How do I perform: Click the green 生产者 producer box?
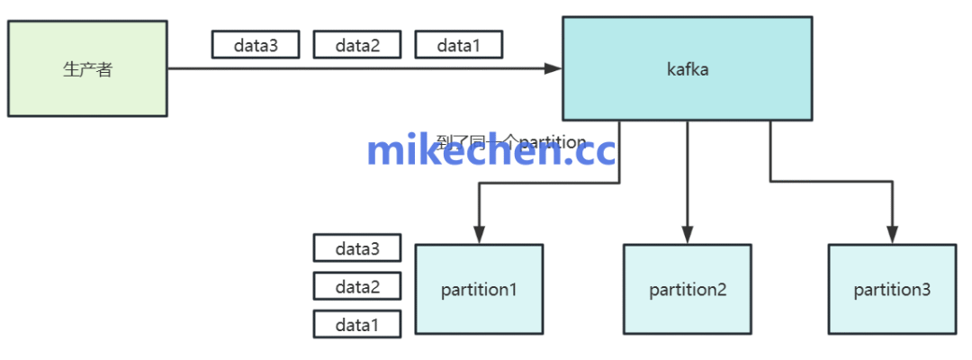(87, 68)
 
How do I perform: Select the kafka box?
(688, 68)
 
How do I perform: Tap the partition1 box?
(479, 289)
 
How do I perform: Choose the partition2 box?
(688, 289)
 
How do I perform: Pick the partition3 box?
(892, 289)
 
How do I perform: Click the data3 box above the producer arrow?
(256, 44)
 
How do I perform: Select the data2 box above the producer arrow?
(357, 44)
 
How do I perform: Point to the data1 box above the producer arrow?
(458, 44)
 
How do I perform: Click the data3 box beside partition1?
(357, 248)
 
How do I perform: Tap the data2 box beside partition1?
(357, 286)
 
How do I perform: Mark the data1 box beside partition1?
(357, 324)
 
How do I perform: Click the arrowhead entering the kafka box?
(554, 68)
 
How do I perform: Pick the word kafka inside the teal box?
(688, 68)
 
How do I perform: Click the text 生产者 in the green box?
(87, 69)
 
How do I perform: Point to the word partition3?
(892, 290)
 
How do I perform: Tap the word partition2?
(688, 290)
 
